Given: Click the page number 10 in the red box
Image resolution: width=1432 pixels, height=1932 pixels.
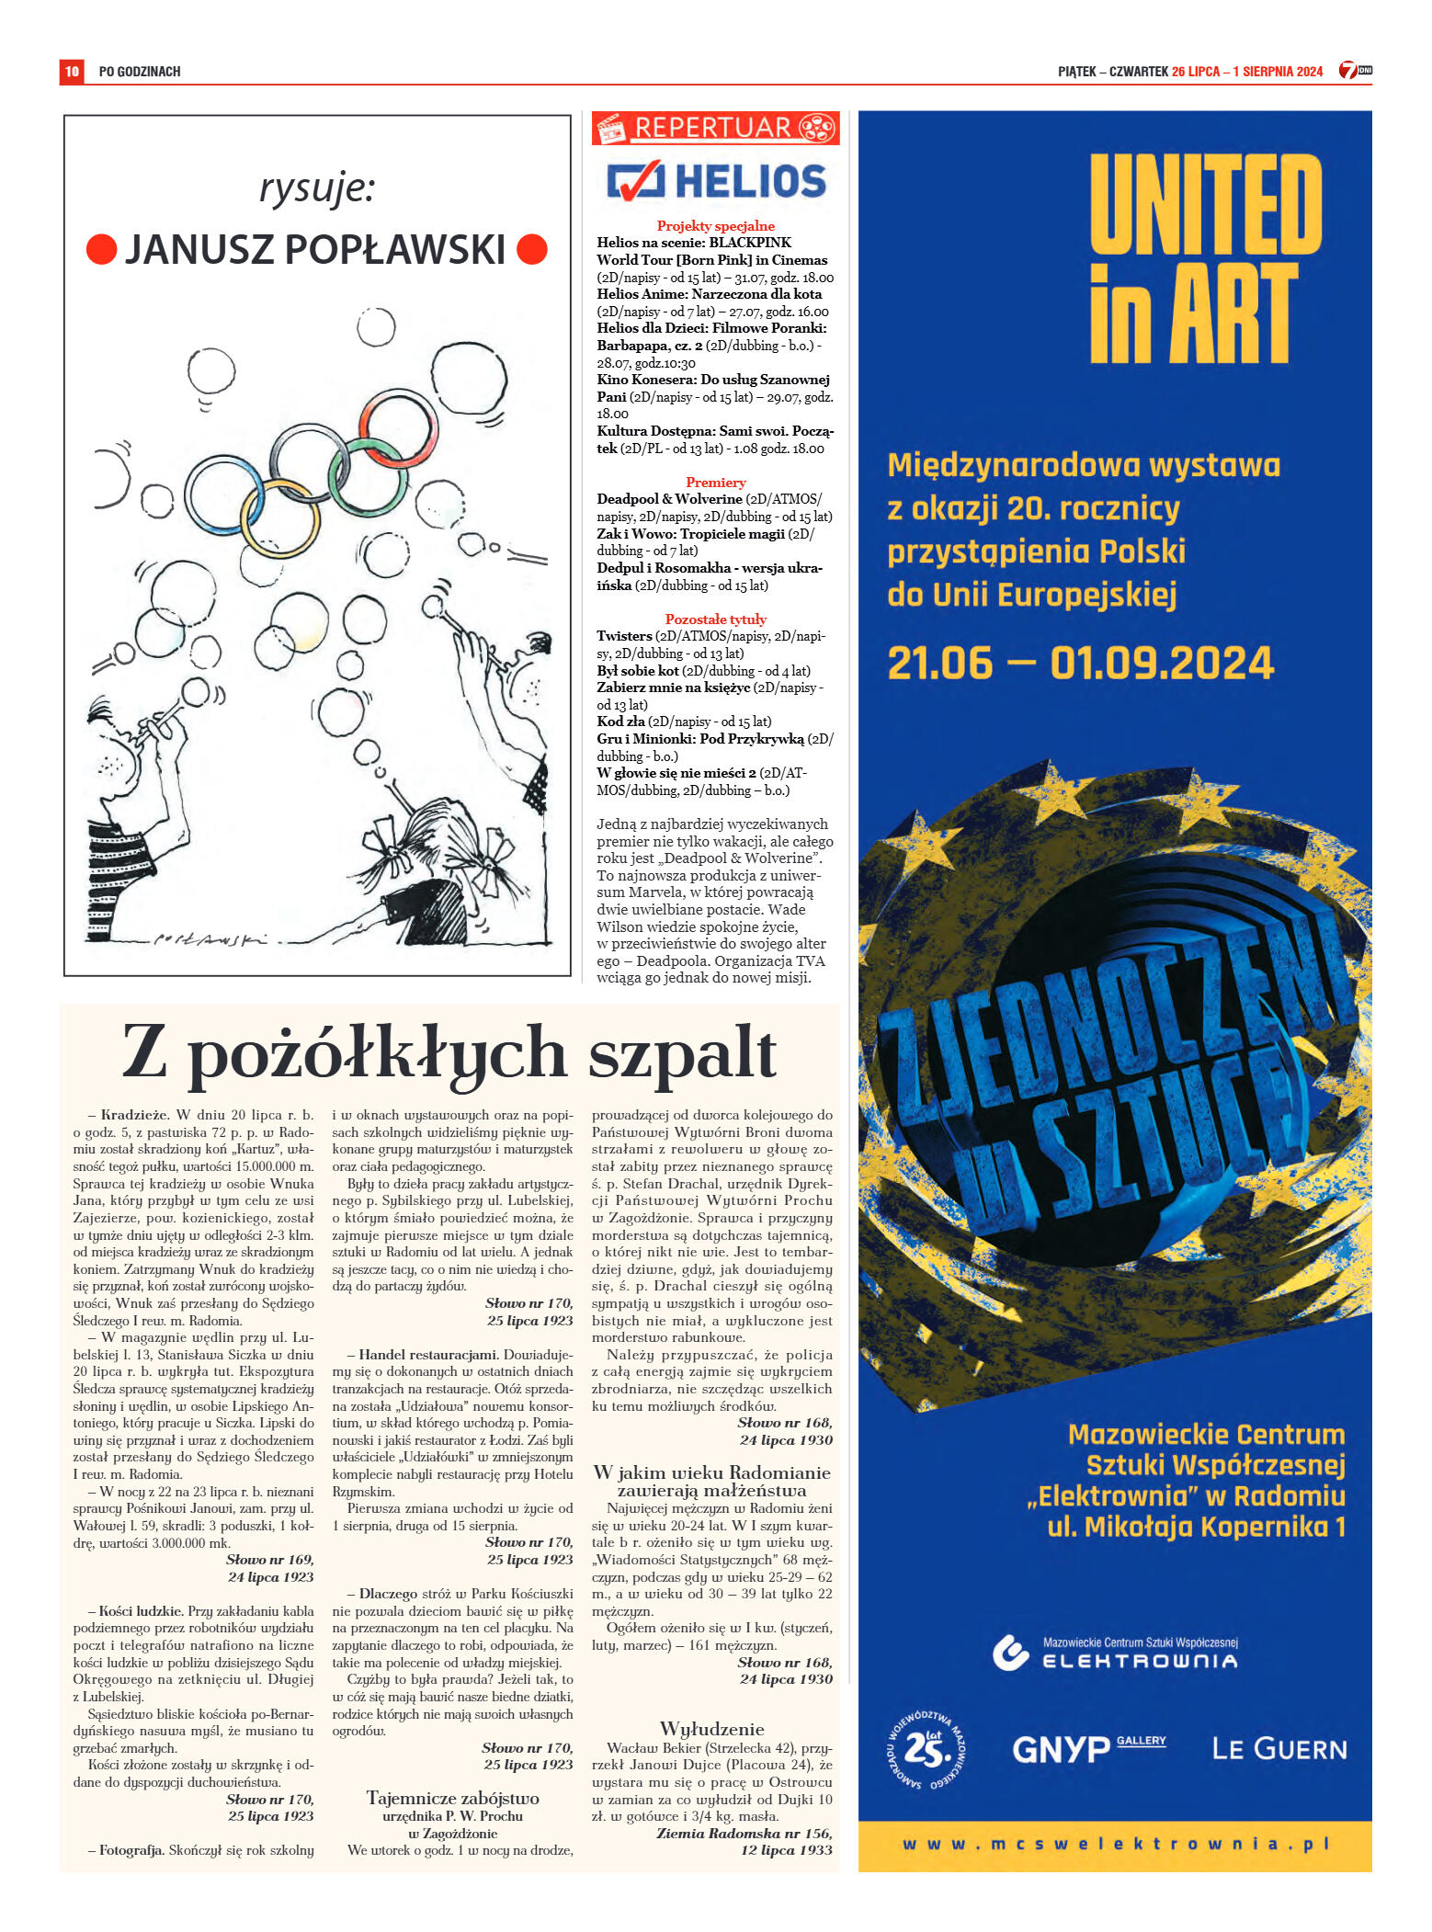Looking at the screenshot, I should click(72, 71).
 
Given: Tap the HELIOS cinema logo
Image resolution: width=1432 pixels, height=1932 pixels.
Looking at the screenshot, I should click(716, 181).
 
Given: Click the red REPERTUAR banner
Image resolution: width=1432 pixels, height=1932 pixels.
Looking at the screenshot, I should click(715, 128).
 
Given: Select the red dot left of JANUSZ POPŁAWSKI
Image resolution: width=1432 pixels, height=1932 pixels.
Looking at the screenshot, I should click(101, 249).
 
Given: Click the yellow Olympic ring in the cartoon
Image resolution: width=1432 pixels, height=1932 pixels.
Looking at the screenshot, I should click(280, 517).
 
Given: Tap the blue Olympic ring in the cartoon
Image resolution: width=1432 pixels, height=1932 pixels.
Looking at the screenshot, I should click(224, 494).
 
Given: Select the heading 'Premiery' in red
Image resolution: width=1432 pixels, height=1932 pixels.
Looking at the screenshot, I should click(715, 483).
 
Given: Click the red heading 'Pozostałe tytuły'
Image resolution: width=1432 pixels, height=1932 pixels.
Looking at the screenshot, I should click(715, 619).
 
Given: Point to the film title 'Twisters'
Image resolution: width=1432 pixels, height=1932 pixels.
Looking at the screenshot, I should click(624, 636).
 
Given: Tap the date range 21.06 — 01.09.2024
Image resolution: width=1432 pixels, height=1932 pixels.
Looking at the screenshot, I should click(1080, 664).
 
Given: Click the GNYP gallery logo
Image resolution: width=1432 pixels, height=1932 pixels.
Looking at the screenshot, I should click(1087, 1748).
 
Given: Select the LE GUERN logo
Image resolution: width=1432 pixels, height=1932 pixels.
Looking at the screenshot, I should click(1279, 1748).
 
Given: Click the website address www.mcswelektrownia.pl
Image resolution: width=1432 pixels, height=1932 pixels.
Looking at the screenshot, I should click(1115, 1844).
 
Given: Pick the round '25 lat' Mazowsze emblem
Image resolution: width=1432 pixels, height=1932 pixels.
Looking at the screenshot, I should click(926, 1749).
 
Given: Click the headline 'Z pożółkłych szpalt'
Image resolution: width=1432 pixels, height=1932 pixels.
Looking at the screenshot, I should click(449, 1053).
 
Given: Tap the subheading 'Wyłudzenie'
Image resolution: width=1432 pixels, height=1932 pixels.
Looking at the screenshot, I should click(711, 1728).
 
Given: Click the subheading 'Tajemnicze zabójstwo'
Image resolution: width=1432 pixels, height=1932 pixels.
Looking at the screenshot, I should click(452, 1798).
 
